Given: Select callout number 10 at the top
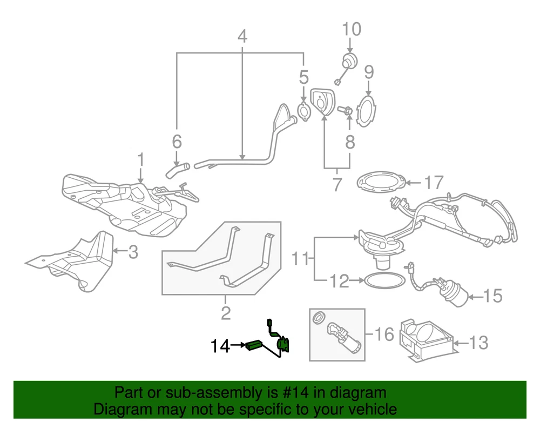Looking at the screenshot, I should pyautogui.click(x=352, y=29).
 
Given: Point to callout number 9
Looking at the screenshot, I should pyautogui.click(x=369, y=72).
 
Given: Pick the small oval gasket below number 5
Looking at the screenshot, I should pyautogui.click(x=303, y=110).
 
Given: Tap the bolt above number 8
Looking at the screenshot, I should pyautogui.click(x=346, y=111).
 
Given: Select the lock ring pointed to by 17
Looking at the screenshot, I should pyautogui.click(x=381, y=182).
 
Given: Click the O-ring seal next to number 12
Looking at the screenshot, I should pyautogui.click(x=384, y=280).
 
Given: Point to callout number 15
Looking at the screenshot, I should pyautogui.click(x=494, y=296).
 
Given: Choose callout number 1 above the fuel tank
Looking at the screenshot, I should pyautogui.click(x=141, y=160).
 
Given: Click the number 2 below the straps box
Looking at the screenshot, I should pyautogui.click(x=226, y=312).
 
